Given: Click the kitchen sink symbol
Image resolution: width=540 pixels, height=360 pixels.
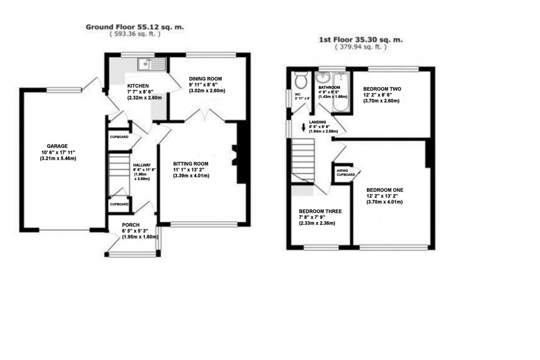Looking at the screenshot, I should pos(152,64).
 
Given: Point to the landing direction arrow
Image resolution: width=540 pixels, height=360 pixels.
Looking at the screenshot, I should pos(304,128).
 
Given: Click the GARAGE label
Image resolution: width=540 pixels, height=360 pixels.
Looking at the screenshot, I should pos(57,146).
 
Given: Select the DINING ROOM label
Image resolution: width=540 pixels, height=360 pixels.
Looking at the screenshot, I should pos(205,79).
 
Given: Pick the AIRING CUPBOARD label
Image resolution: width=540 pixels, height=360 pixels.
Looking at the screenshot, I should pos(346,172).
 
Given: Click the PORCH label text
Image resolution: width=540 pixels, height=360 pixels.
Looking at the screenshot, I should pos(130,225).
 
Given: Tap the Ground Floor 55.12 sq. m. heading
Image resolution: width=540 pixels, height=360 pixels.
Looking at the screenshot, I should pos(135,27).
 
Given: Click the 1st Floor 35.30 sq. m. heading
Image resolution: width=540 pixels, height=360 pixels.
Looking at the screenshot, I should pos(360,40).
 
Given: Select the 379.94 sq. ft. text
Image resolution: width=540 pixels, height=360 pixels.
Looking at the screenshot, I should pos(360,47).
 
